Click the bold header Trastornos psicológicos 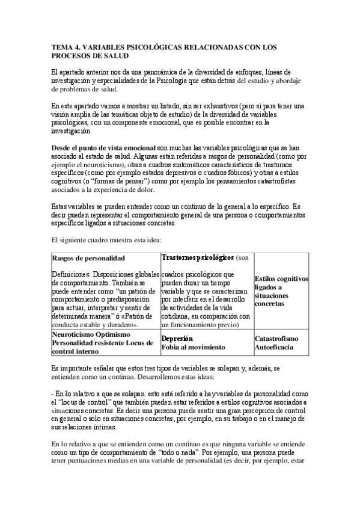point(197,257)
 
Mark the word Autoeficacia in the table point(276,348)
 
